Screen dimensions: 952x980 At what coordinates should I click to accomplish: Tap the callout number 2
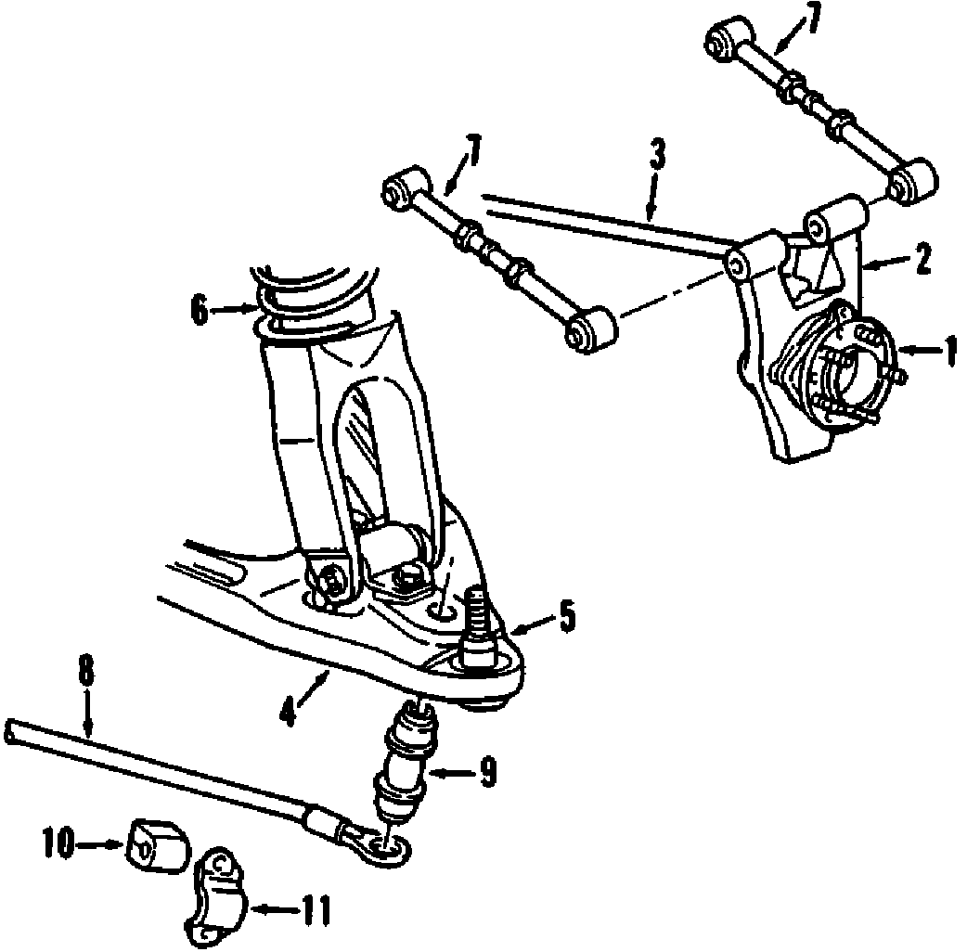pyautogui.click(x=922, y=260)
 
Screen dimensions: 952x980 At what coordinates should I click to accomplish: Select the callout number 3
pyautogui.click(x=657, y=155)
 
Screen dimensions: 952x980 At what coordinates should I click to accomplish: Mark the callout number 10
pyautogui.click(x=58, y=843)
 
